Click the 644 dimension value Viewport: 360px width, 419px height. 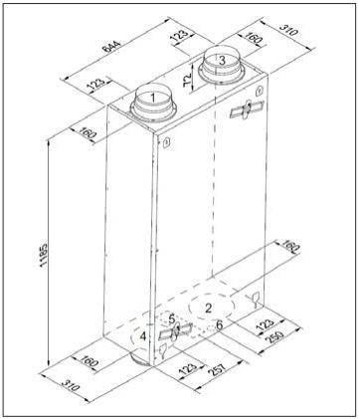[x=110, y=46]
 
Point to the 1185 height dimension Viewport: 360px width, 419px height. [x=43, y=255]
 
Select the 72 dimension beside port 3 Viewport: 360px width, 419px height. [x=188, y=80]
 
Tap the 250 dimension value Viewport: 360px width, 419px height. [x=274, y=337]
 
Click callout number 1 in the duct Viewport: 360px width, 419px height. [x=153, y=98]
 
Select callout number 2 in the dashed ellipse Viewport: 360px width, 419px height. [x=208, y=309]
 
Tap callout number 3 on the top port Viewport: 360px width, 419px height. [x=222, y=61]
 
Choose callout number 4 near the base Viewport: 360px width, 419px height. [x=143, y=336]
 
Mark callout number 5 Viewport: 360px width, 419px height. [x=171, y=319]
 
